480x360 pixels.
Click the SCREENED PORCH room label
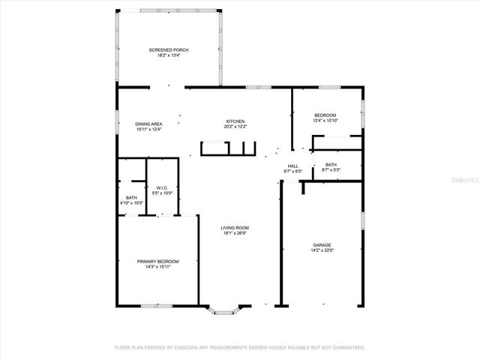pos(168,50)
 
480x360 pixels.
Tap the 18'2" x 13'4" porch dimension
pos(168,55)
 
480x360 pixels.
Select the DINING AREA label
pos(148,124)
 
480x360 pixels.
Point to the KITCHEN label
pos(235,121)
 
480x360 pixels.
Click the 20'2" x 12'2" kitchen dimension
pos(235,127)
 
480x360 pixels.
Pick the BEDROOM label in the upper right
pos(325,115)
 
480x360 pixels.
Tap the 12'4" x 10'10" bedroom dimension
pos(325,120)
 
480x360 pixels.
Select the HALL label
pos(293,166)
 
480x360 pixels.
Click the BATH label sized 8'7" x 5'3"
pos(331,165)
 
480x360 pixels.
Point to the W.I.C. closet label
pos(163,188)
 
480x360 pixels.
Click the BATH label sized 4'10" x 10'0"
pos(131,198)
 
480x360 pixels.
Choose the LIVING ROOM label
pos(235,228)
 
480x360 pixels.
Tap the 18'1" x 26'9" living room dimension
pos(235,233)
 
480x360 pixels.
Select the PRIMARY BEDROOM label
pos(157,261)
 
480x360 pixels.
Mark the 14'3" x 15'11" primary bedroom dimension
pos(157,266)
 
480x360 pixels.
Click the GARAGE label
pos(322,244)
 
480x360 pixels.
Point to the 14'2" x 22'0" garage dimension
pos(322,250)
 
